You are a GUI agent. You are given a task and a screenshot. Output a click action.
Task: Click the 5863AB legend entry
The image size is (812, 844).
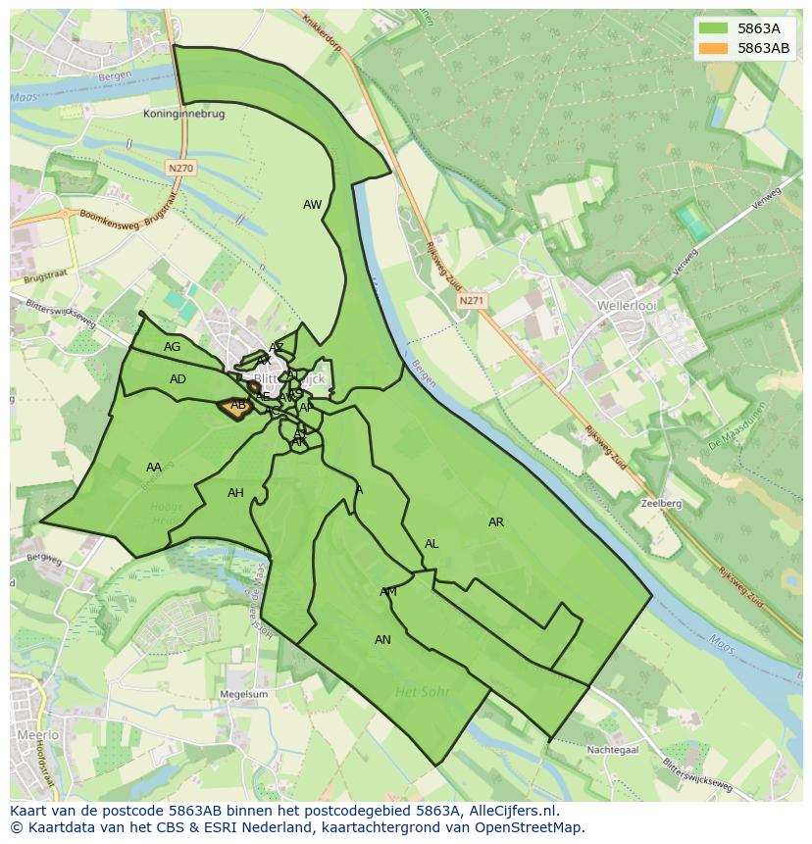coord(764,48)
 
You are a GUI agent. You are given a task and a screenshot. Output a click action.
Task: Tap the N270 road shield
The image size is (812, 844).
coord(180,169)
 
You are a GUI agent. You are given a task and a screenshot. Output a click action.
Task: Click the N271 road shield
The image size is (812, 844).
coord(472,301)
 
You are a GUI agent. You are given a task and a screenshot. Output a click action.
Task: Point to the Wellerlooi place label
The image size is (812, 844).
coord(626,306)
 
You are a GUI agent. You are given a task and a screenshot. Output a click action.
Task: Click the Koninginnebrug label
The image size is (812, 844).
coord(184,115)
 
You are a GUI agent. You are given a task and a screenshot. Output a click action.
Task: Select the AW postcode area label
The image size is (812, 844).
coord(312,205)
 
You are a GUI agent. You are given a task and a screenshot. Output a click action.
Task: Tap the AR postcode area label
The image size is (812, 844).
coord(496,522)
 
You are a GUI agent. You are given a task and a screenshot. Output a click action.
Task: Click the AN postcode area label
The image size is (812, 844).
coord(382,640)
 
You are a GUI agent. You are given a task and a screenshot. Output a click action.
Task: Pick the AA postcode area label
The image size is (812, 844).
coord(154,468)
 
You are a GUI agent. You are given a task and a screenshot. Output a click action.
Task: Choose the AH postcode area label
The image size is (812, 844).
coord(235,493)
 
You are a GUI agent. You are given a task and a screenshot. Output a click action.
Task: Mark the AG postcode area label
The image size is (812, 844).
coord(173,347)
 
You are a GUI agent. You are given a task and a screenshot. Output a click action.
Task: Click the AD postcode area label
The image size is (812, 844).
coord(178,379)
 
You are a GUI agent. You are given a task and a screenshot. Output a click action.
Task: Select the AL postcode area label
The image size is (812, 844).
coord(431,544)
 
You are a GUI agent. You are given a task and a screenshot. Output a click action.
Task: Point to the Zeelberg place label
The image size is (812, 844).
coord(660,503)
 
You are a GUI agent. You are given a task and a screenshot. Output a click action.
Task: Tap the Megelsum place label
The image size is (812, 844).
coord(245,694)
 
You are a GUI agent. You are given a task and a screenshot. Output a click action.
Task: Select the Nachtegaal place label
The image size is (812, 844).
coord(614,750)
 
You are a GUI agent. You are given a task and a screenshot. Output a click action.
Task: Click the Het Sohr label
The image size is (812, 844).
coord(422,692)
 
